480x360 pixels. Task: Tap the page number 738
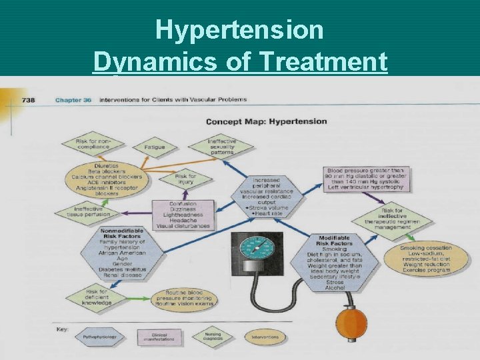tap(29, 100)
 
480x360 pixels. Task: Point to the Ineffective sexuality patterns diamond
tap(221, 146)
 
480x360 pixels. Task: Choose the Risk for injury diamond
tap(185, 179)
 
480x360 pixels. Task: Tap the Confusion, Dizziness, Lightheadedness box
tap(182, 215)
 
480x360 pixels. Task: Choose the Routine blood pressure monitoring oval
tap(184, 299)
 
